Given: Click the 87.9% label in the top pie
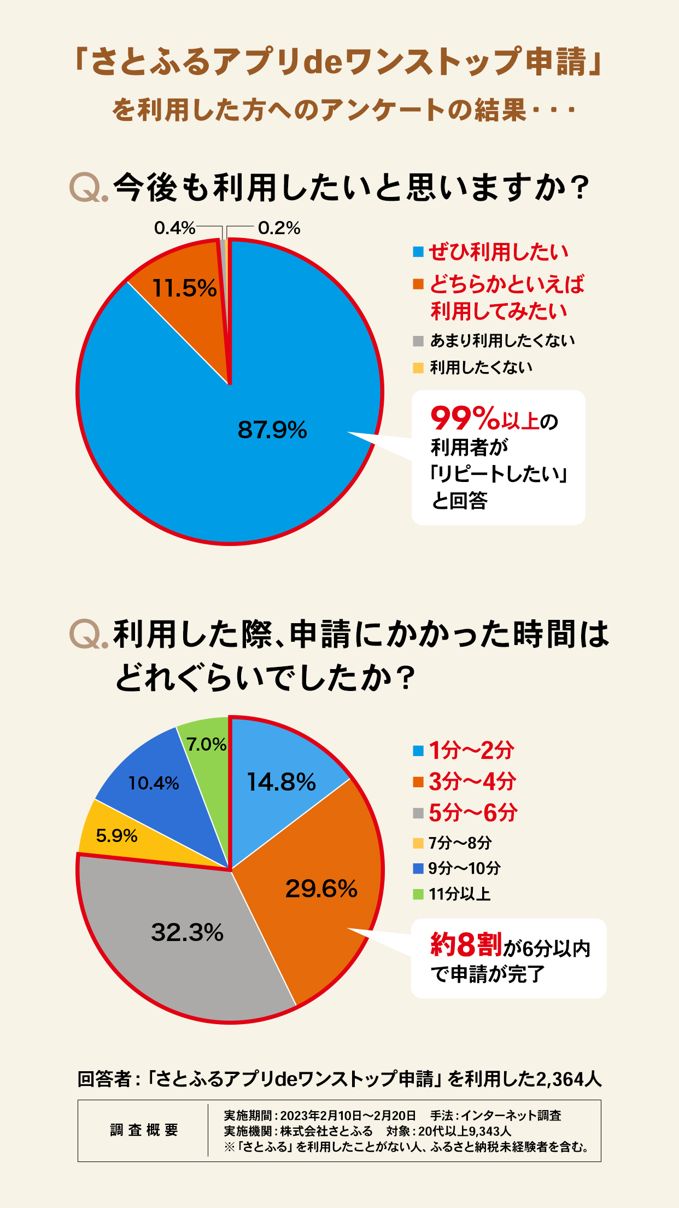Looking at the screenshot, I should coord(272,430).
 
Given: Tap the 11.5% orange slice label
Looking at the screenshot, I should coord(184,288).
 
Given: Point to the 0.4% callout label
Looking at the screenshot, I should coord(174,228).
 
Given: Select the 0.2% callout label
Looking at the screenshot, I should coord(279,228).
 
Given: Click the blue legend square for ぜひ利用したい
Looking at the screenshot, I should coord(418,252).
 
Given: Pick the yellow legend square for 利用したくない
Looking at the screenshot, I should coord(418,368).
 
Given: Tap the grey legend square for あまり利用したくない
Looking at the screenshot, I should coord(418,341).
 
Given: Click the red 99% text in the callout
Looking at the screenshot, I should coord(465,419).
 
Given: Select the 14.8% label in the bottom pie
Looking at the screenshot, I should coord(281,782).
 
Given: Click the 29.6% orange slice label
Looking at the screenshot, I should coord(321,888).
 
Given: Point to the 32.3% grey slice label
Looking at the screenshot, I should coord(187,932).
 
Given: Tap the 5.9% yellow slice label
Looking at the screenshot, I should coord(116,835).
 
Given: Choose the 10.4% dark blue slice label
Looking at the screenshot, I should coord(154,783).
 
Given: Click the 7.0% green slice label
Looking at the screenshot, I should coord(206,744).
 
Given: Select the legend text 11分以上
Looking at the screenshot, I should coord(459,894).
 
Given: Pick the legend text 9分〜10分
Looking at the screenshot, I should coord(464,868).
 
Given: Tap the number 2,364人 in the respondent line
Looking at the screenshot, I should coord(569,1079).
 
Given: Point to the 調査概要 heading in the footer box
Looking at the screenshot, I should coord(144,1130).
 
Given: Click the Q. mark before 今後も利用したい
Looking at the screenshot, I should coord(89,188).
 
